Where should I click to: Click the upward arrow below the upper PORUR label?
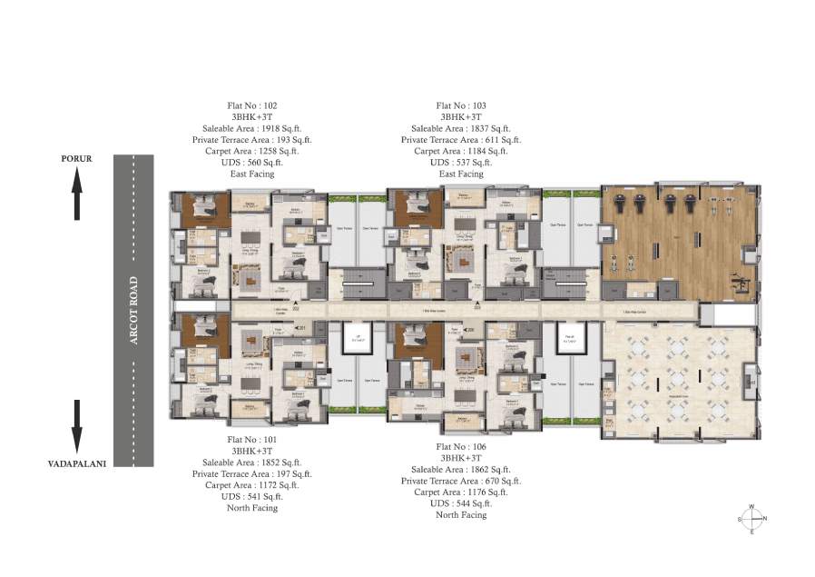click(77, 195)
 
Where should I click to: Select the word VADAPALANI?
click(77, 463)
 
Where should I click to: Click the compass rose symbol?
click(751, 519)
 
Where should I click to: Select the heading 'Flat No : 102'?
click(252, 105)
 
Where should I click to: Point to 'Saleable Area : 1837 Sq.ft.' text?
click(460, 129)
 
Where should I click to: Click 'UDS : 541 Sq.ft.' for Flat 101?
click(252, 496)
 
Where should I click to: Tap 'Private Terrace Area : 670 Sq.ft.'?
click(461, 481)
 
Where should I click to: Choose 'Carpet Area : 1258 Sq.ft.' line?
click(252, 151)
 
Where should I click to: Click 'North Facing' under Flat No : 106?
click(461, 514)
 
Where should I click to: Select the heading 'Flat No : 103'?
click(461, 105)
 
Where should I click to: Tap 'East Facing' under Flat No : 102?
click(252, 174)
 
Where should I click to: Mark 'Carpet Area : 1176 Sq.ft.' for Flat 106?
click(461, 492)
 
